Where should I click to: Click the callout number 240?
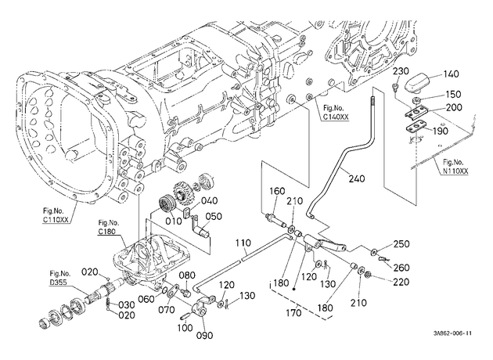tap(357, 178)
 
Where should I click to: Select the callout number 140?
tap(452, 74)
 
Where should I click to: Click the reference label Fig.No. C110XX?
tap(56, 215)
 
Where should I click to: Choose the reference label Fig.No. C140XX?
tap(336, 113)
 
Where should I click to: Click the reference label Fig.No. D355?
tap(59, 279)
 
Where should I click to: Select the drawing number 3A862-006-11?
tap(452, 333)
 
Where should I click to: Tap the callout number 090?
tap(204, 336)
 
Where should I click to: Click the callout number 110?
tap(243, 243)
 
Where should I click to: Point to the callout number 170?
tap(293, 313)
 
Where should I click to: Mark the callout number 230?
tap(401, 70)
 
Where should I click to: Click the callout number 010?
tap(174, 221)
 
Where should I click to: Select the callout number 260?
tap(401, 268)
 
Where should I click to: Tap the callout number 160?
tap(277, 191)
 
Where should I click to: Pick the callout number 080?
tap(187, 275)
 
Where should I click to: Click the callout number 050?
tap(214, 216)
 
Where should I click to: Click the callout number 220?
tap(401, 282)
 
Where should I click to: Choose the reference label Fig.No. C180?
tap(109, 227)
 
